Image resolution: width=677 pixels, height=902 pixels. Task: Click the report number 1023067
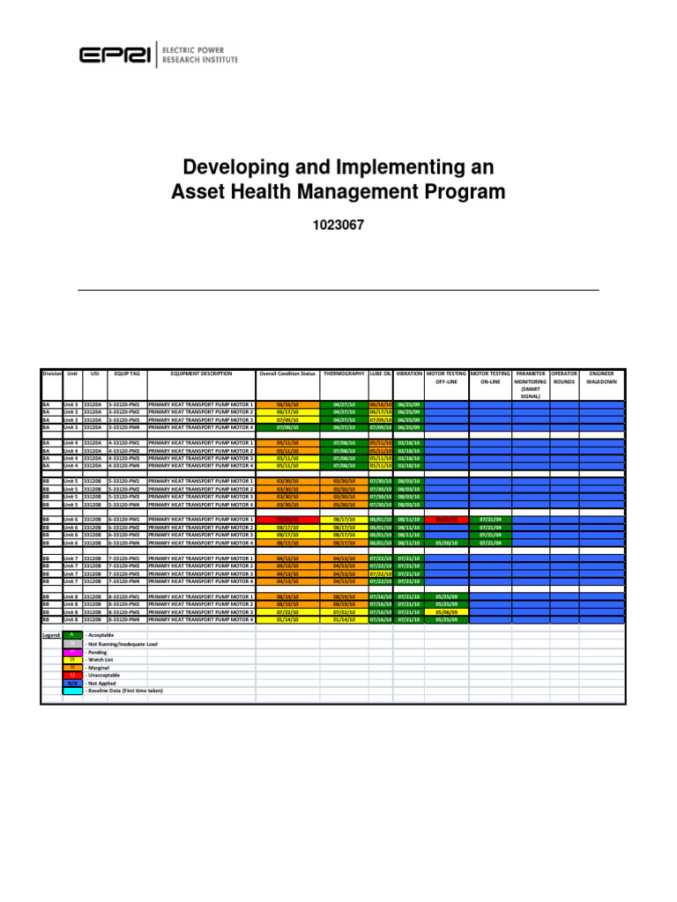tap(338, 225)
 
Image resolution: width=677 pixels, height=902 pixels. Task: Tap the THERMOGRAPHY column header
tap(344, 374)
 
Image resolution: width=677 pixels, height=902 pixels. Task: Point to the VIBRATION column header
tap(410, 374)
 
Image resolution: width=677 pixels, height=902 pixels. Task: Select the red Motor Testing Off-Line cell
tap(446, 520)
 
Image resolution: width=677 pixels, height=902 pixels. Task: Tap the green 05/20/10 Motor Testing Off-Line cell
tap(446, 543)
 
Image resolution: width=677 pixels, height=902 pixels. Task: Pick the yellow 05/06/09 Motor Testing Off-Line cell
tap(446, 612)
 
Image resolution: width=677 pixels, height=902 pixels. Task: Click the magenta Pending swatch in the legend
tap(71, 652)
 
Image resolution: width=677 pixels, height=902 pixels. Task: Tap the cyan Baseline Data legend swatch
tap(71, 691)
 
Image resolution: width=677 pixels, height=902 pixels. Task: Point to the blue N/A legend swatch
tap(71, 683)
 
